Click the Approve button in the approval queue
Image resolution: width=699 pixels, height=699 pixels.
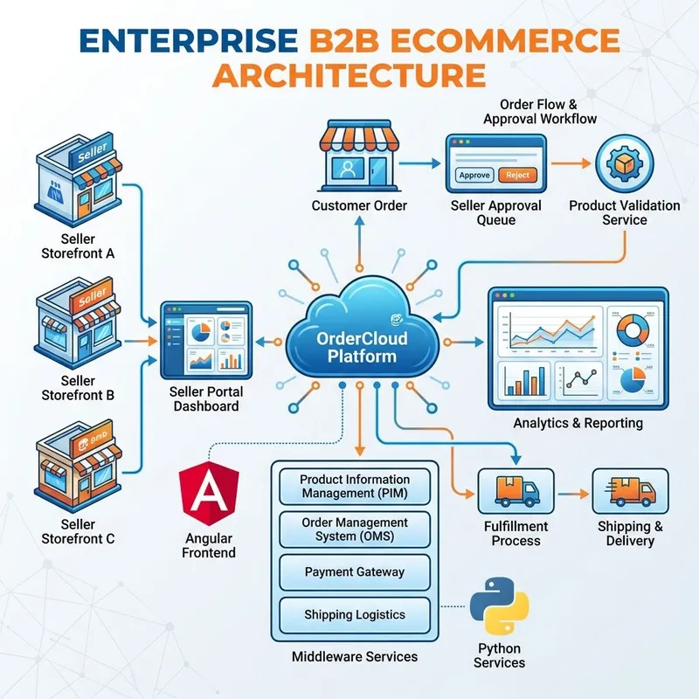coord(474,175)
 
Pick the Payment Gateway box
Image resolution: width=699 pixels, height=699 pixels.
coord(355,571)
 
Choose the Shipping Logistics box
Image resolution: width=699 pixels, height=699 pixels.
coord(355,615)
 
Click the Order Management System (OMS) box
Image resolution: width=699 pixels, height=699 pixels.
coord(355,529)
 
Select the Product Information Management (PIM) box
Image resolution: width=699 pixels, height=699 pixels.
coord(355,486)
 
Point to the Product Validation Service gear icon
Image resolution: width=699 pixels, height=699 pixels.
coord(624,165)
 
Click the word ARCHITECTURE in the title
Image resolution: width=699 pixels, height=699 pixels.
coord(349,73)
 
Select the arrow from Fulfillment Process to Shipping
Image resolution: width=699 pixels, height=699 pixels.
coord(572,494)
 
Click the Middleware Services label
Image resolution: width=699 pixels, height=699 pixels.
coord(355,656)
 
